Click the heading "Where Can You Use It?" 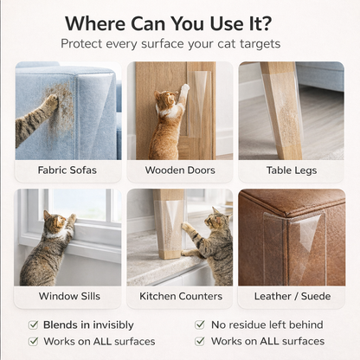pyautogui.click(x=179, y=22)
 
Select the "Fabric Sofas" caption pyautogui.click(x=67, y=170)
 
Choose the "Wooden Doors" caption pyautogui.click(x=179, y=170)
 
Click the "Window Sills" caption pyautogui.click(x=68, y=296)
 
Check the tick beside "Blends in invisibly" pyautogui.click(x=32, y=325)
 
